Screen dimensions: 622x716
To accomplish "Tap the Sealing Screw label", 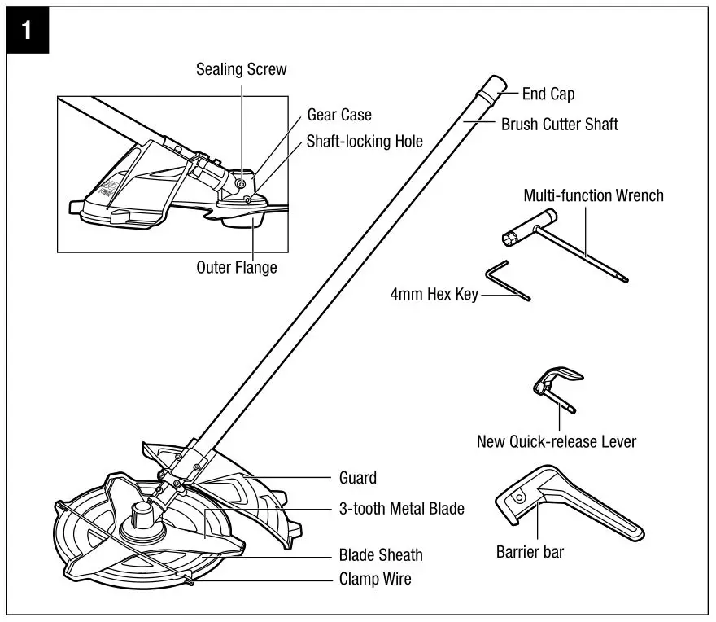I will coord(241,69).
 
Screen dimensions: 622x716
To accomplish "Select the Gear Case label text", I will coord(338,116).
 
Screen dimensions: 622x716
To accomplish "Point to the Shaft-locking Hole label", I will coord(365,141).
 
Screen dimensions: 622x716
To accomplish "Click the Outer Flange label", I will coord(237,267).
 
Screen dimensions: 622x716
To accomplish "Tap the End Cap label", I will coord(548,94).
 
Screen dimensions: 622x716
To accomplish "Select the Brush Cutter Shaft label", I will coord(559,125).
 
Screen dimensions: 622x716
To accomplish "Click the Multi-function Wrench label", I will coord(593,195).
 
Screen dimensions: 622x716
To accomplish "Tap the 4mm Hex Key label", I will coord(434,294).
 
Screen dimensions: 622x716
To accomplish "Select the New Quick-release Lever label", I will coord(556,442).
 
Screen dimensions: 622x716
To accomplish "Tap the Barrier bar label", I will coord(530,553).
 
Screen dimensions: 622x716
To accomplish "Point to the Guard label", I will coord(357,478).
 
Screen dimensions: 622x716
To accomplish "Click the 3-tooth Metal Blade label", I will coord(401,509).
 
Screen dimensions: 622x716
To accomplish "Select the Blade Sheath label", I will coord(380,555).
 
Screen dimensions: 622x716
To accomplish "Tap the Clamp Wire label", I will coord(375,580).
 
